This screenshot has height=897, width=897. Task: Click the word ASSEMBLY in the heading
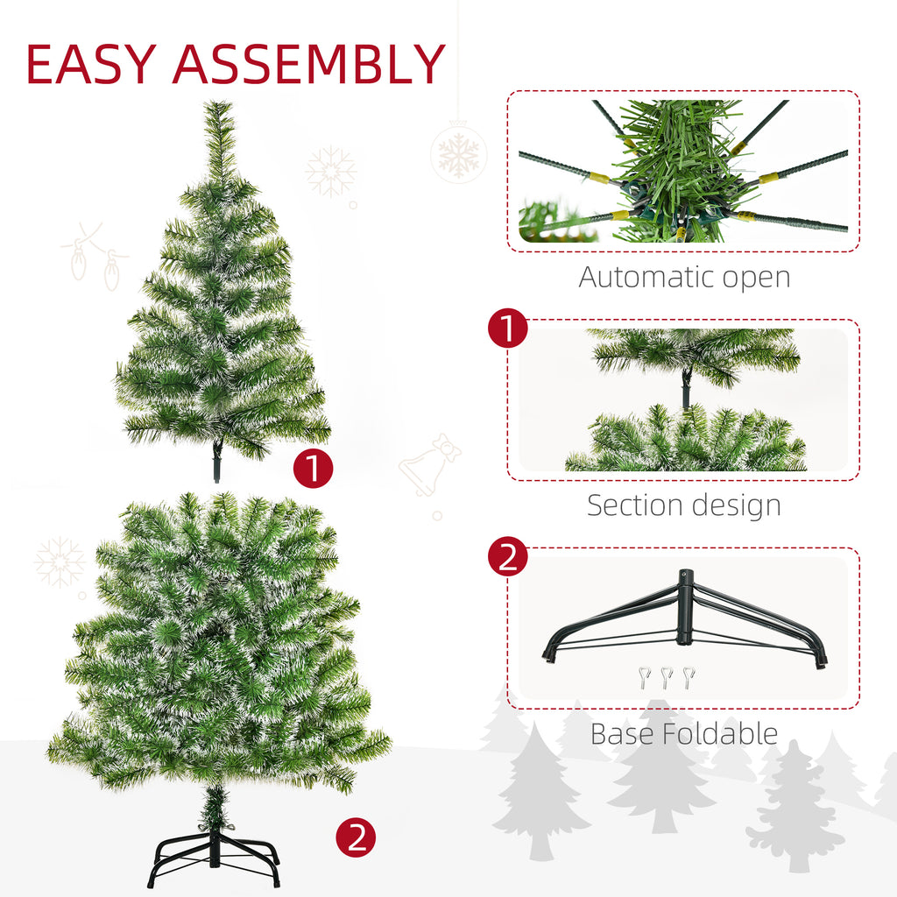(309, 64)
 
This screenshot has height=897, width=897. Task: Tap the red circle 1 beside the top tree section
(313, 470)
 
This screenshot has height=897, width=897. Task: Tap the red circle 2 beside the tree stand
(356, 838)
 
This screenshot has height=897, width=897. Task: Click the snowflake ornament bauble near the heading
(458, 155)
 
